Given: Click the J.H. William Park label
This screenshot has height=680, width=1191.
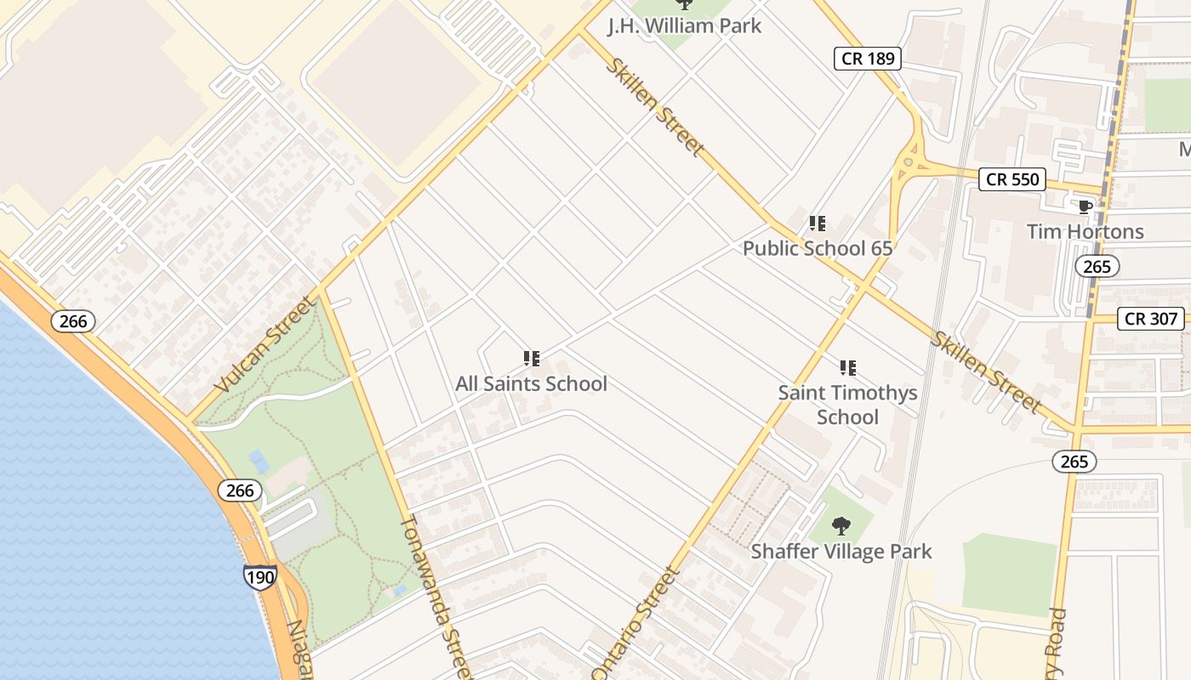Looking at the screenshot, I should (684, 25).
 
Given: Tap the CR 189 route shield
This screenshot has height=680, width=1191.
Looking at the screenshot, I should (866, 58).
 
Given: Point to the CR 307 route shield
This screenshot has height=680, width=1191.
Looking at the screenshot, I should (1151, 319).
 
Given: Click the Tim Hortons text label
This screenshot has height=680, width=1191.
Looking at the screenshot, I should (1085, 231).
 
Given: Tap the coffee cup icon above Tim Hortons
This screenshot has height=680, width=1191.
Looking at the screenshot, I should (1085, 207).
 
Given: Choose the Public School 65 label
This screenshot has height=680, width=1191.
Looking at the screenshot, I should (818, 248).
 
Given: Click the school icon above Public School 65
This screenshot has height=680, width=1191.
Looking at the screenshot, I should (818, 224).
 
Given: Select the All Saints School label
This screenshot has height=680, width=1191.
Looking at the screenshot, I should (532, 383).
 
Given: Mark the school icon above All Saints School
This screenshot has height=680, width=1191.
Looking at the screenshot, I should (532, 359).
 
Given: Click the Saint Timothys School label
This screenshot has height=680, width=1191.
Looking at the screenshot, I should (847, 405).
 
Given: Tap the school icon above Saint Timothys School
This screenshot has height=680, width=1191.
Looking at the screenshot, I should (847, 368).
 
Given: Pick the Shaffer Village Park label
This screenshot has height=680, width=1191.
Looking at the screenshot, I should (841, 551).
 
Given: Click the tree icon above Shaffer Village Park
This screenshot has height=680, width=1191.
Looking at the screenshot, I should (841, 526).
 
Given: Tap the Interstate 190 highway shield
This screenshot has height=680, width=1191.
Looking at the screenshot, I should (259, 577).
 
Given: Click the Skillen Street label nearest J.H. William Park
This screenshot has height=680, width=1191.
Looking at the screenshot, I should (654, 106).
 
